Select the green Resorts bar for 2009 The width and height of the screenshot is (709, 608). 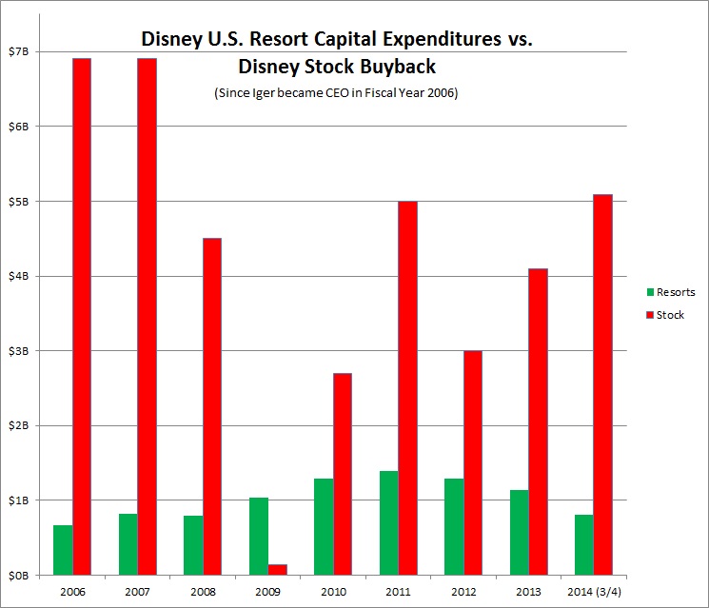click(x=258, y=537)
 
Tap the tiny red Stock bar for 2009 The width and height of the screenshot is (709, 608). click(x=277, y=570)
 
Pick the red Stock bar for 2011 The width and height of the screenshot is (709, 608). click(x=407, y=388)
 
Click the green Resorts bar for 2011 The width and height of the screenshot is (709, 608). click(x=387, y=523)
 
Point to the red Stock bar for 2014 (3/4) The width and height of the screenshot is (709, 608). click(x=602, y=384)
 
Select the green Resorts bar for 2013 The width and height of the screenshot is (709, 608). click(x=518, y=533)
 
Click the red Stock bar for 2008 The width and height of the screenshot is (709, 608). click(x=212, y=406)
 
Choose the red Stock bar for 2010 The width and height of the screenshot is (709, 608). click(x=343, y=474)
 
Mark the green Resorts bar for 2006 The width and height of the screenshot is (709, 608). click(x=63, y=550)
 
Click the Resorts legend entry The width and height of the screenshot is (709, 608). click(x=670, y=292)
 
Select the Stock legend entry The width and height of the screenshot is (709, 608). click(x=664, y=315)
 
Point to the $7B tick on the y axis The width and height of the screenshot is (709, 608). click(x=24, y=51)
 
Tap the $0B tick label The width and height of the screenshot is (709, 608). click(x=24, y=576)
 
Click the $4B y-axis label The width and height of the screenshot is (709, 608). click(x=24, y=276)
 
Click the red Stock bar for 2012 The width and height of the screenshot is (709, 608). click(x=472, y=463)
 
